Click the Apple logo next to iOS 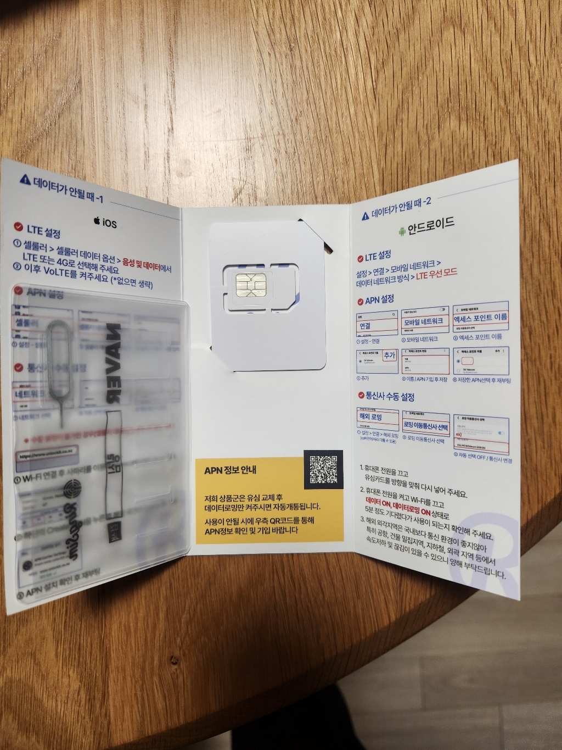[97, 222]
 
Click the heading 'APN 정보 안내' [230, 470]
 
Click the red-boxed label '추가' [389, 355]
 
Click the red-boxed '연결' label [365, 325]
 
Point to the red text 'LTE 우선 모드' [436, 275]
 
